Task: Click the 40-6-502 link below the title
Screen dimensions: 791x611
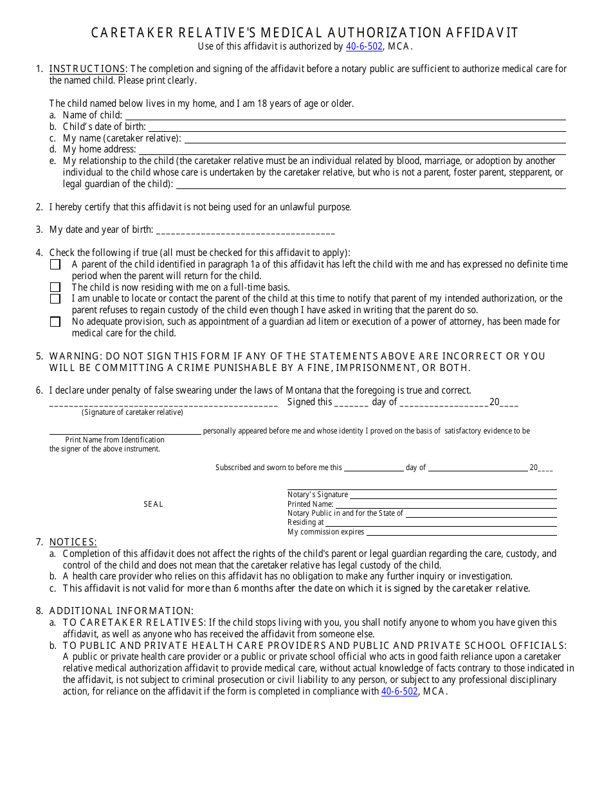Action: (x=364, y=46)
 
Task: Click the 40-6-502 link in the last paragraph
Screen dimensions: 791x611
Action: (x=399, y=692)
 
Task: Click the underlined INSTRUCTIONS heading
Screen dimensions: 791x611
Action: (x=87, y=69)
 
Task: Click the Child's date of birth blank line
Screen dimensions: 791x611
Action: (x=357, y=127)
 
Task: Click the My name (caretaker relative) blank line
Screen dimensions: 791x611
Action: (x=374, y=139)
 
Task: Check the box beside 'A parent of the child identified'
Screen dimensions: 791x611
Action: (x=55, y=264)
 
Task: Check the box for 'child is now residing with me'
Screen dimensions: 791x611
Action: (x=55, y=287)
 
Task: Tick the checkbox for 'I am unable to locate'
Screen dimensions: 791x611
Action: (x=55, y=299)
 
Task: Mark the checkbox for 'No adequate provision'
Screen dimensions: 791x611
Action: (x=55, y=322)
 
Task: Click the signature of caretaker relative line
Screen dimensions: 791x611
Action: (x=163, y=404)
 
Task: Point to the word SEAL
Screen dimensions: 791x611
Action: (x=153, y=504)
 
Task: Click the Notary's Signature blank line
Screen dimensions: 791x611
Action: (x=453, y=495)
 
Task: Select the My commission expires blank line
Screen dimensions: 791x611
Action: (x=461, y=532)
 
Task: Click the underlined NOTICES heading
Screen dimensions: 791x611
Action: (x=73, y=542)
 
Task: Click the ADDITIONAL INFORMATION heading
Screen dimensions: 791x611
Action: (x=121, y=611)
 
